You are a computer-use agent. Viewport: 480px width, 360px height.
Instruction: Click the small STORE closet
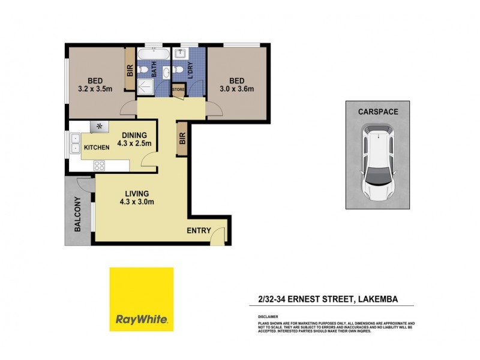click(179, 90)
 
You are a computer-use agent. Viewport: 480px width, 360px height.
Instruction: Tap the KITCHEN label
click(97, 148)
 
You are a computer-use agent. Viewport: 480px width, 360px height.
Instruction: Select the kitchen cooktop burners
click(100, 165)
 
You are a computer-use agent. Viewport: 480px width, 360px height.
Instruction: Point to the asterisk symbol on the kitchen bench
click(98, 127)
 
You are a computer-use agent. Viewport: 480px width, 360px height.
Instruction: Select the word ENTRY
click(199, 230)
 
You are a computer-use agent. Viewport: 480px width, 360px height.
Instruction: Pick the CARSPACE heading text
click(379, 112)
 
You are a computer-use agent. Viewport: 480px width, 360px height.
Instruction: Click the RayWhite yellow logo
click(141, 299)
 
